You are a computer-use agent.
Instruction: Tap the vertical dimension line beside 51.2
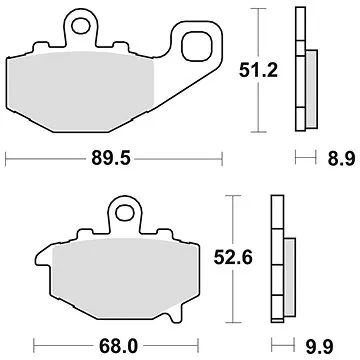click(x=262, y=69)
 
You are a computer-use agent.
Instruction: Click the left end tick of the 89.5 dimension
click(x=8, y=157)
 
